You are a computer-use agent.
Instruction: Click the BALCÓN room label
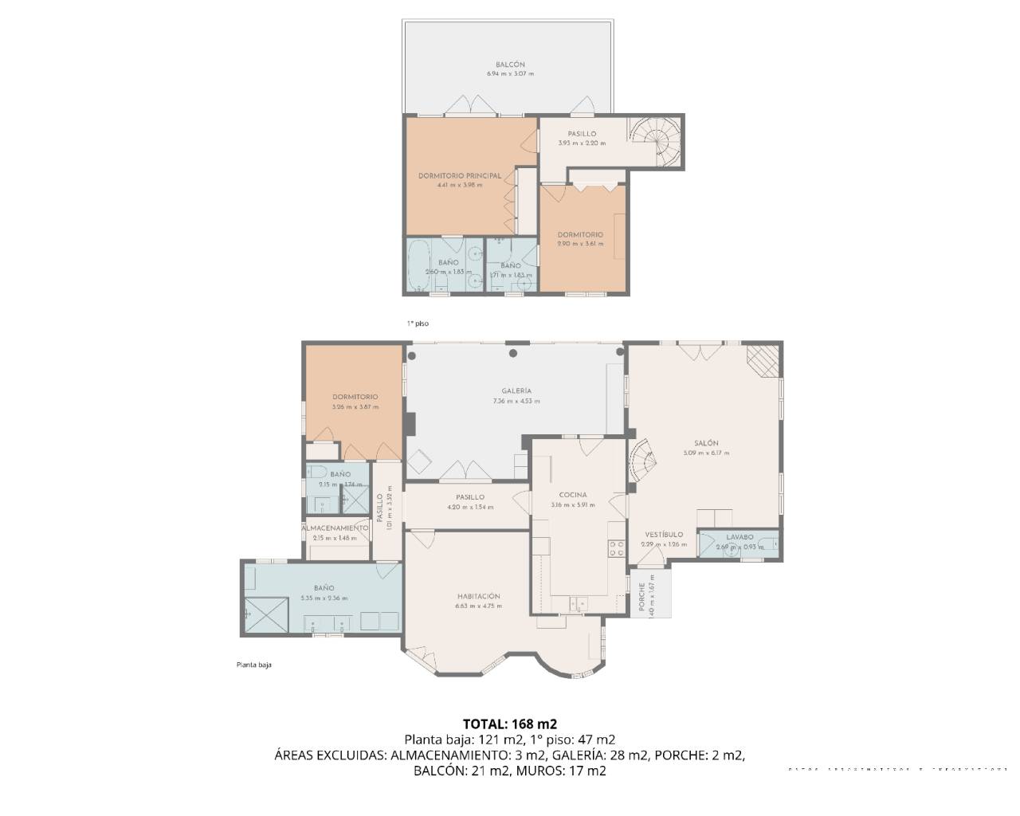coord(510,65)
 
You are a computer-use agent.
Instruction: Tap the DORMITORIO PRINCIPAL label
coord(460,176)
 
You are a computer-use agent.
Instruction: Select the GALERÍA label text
coord(516,391)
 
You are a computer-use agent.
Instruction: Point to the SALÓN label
coord(705,443)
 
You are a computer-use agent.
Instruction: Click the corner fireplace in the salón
coord(763,359)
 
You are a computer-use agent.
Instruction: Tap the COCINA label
coord(573,495)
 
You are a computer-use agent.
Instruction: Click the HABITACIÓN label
coord(478,596)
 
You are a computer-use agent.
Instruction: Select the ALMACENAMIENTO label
coord(335,528)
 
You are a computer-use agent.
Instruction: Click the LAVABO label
coord(739,537)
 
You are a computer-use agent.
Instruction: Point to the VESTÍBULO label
coord(664,535)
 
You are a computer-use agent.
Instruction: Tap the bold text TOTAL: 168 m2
coord(510,724)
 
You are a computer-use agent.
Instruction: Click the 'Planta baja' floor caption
coord(253,665)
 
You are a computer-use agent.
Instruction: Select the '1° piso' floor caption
coord(418,324)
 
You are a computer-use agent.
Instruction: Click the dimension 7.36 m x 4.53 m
coord(516,401)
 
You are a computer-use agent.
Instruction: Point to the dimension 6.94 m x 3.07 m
coord(510,74)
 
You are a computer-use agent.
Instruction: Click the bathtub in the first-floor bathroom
coord(419,268)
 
